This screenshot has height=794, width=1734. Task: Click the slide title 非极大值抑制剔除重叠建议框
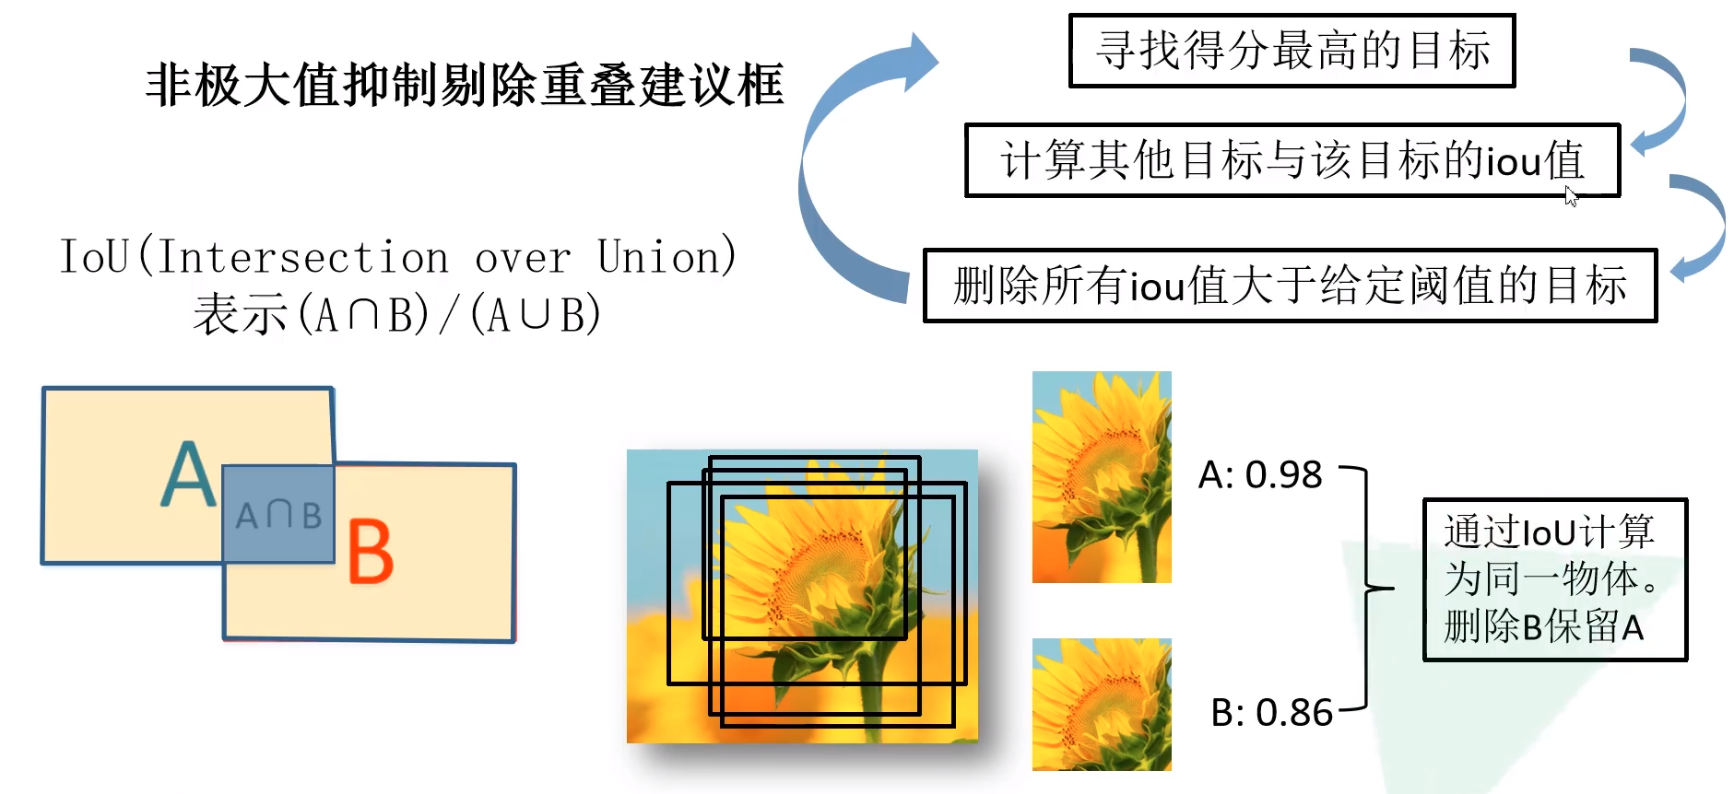pos(465,86)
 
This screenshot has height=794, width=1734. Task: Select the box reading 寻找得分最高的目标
pos(1292,51)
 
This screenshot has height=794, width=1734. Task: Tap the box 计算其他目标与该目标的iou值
pos(1292,160)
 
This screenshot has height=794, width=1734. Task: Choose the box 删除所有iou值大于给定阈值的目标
pos(1290,286)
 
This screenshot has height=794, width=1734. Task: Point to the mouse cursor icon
pos(1571,195)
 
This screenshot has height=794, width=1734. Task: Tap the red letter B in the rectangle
pos(371,552)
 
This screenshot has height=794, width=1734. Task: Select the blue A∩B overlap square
pos(278,514)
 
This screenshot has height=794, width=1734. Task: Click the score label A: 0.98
pos(1260,475)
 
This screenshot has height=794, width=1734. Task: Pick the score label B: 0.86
pos(1271,713)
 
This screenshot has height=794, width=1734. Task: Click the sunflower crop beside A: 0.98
pos(1102,477)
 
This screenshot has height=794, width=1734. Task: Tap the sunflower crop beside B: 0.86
pos(1102,705)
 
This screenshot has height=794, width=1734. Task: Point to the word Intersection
pos(303,257)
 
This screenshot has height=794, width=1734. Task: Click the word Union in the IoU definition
pos(666,257)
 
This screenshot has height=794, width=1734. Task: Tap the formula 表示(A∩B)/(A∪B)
pos(397,315)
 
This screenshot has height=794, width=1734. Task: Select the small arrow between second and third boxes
pos(1702,227)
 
